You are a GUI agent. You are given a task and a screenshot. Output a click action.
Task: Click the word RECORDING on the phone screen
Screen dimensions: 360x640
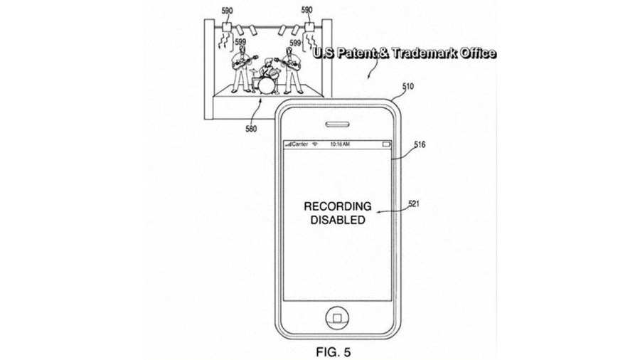[x=338, y=207]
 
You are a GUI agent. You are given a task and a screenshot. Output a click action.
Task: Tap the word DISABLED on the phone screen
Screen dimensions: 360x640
[x=338, y=220]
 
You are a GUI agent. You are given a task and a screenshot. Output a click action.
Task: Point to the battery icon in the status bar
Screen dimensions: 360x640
[x=387, y=144]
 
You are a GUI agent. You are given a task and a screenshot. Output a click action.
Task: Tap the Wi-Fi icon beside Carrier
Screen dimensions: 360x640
[x=314, y=144]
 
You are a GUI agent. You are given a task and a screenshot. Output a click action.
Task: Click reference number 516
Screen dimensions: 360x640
[x=419, y=144]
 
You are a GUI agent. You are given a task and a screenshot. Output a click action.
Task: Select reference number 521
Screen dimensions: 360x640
[x=413, y=203]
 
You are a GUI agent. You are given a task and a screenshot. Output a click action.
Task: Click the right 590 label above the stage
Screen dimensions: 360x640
[x=307, y=11]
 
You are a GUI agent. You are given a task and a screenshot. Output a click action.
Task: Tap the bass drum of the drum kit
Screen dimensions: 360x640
[x=266, y=85]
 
